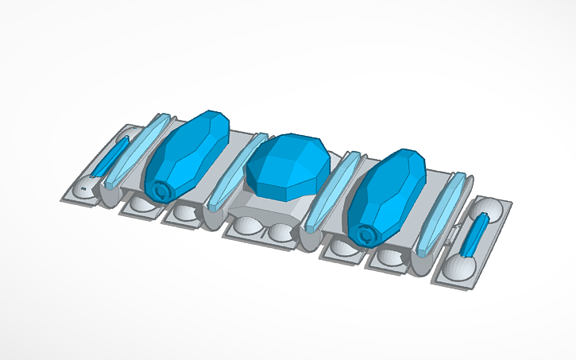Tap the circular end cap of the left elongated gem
point(162,191)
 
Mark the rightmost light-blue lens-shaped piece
point(440,215)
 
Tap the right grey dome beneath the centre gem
point(280,233)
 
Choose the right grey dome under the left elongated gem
point(184,213)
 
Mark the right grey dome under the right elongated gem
point(389,256)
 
